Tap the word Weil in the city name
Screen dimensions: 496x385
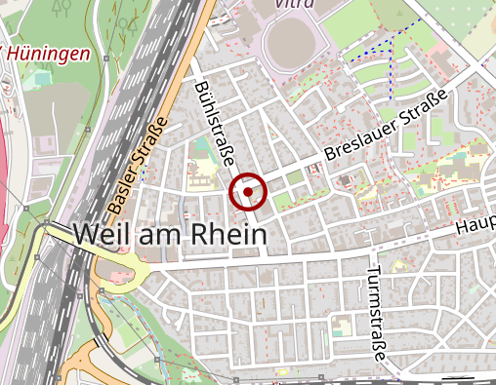tap(103, 235)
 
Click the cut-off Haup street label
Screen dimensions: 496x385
tap(475, 225)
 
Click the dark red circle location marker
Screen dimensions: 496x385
tap(249, 192)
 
